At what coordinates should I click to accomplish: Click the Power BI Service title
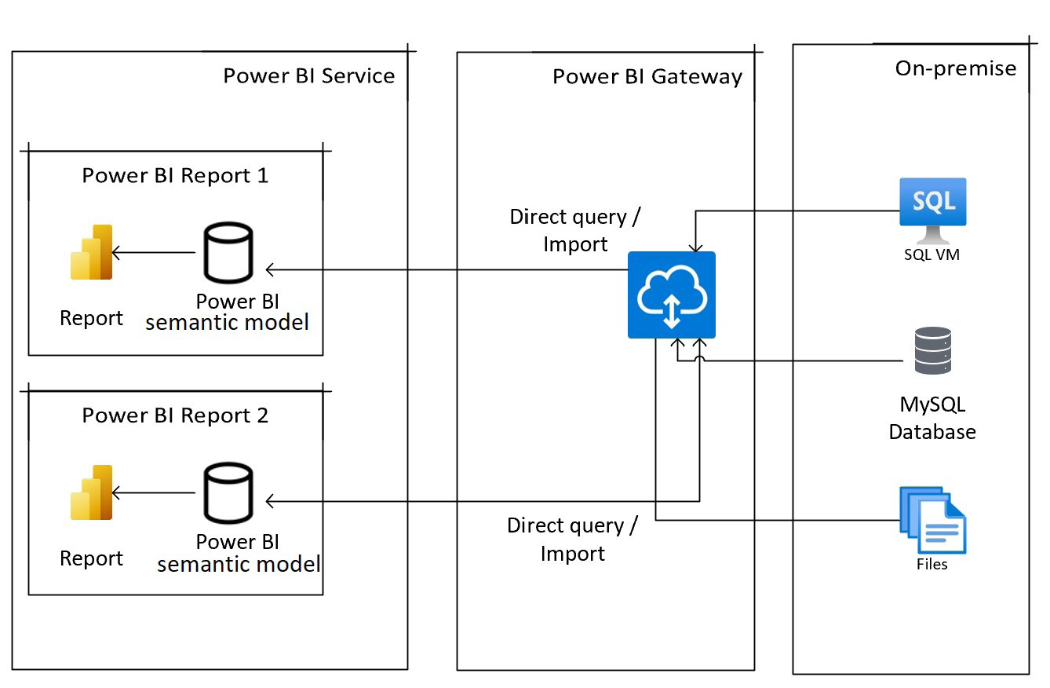pyautogui.click(x=308, y=76)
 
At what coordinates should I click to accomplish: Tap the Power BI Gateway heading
pyautogui.click(x=647, y=77)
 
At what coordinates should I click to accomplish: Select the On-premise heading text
pyautogui.click(x=955, y=68)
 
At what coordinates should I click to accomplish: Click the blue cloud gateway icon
pyautogui.click(x=671, y=295)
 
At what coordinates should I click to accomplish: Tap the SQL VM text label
pyautogui.click(x=932, y=254)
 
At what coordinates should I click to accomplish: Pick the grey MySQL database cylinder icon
pyautogui.click(x=932, y=350)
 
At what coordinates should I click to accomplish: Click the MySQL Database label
pyautogui.click(x=932, y=418)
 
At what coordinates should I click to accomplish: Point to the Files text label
pyautogui.click(x=932, y=564)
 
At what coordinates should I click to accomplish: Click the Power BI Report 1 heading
pyautogui.click(x=175, y=175)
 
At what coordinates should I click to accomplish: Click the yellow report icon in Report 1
pyautogui.click(x=92, y=253)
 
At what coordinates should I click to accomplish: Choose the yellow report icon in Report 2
pyautogui.click(x=92, y=492)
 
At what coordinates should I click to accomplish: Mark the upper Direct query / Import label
pyautogui.click(x=579, y=230)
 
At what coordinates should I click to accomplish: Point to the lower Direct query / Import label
pyautogui.click(x=572, y=539)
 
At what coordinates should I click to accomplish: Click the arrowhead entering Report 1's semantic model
pyautogui.click(x=269, y=270)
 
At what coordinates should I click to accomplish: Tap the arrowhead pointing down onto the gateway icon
pyautogui.click(x=695, y=247)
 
